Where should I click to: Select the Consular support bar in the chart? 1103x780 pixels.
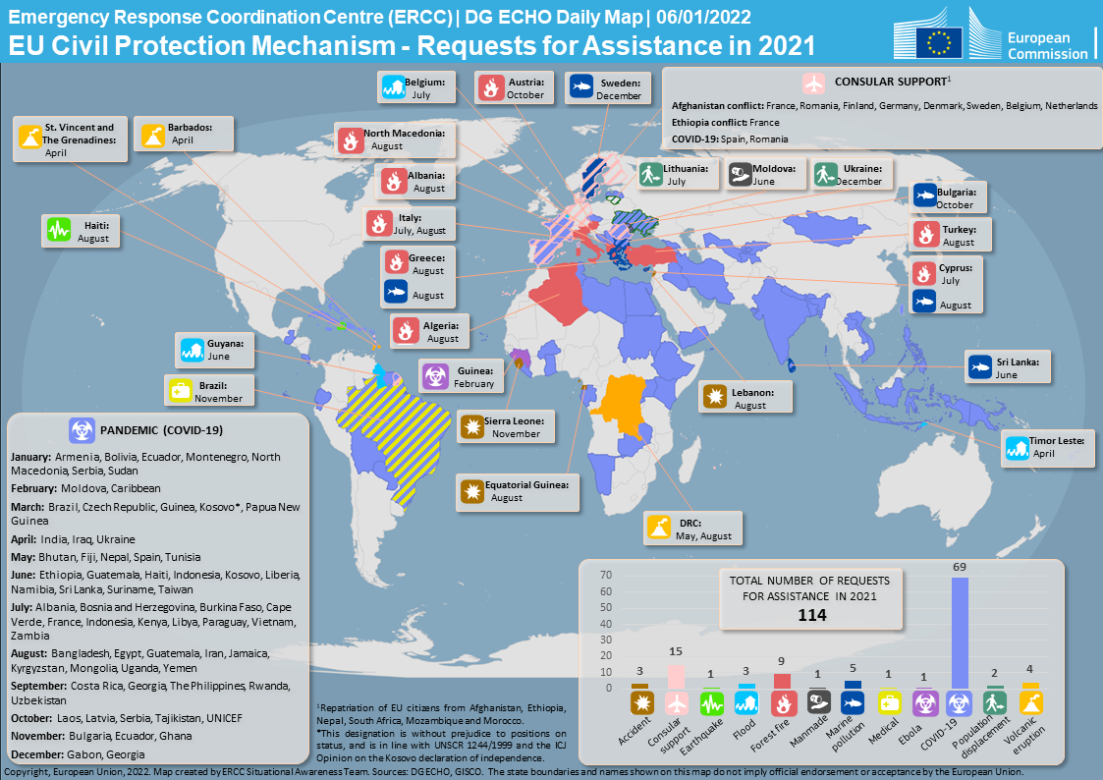[676, 678]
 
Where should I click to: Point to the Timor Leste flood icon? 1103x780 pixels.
[1018, 448]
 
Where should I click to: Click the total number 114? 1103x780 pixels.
[811, 616]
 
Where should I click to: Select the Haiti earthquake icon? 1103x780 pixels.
[59, 231]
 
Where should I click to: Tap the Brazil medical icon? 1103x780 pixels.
[179, 391]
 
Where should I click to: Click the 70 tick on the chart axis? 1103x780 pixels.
[605, 576]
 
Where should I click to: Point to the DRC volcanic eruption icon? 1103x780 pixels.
[659, 529]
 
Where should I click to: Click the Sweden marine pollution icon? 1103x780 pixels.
[579, 88]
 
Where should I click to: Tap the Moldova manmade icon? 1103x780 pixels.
[741, 175]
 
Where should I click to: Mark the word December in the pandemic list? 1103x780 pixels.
[36, 753]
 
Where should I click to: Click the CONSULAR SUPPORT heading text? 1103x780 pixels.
[891, 81]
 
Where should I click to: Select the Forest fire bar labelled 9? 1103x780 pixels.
[783, 681]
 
